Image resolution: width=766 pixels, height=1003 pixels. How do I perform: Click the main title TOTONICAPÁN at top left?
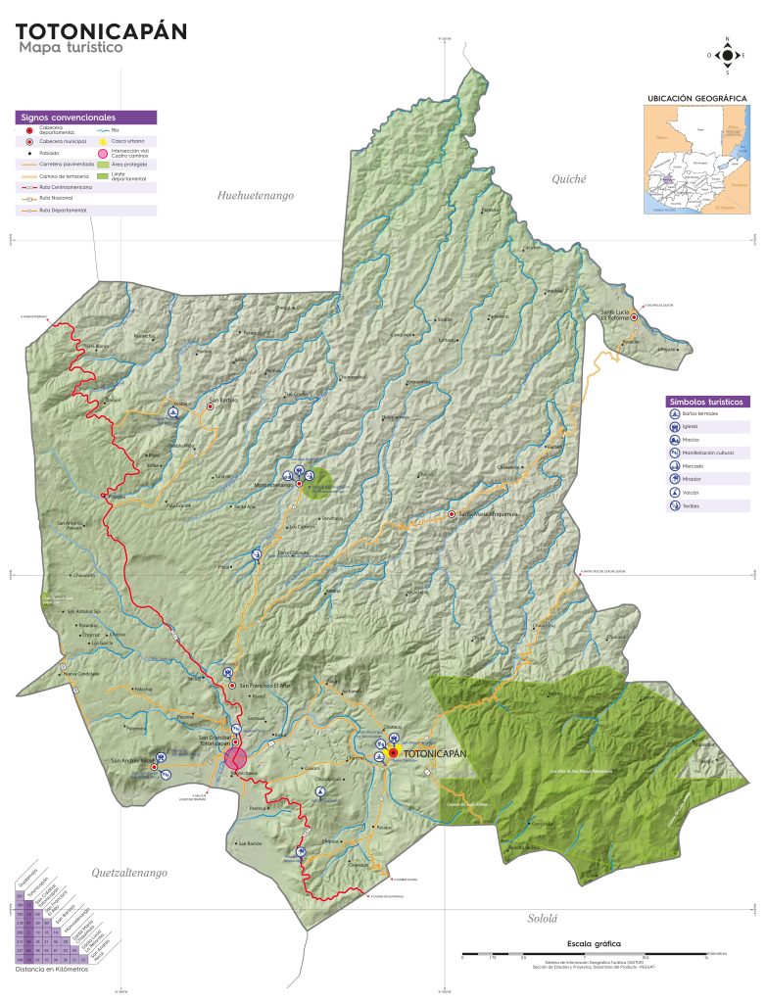tap(101, 31)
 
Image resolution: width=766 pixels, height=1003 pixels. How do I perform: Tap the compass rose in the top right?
tap(727, 55)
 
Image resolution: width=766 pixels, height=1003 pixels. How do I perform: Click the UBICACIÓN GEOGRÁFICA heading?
tap(696, 99)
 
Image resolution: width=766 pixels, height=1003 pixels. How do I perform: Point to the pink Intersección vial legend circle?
tap(102, 153)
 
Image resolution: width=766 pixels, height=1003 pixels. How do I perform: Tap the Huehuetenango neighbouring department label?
tap(256, 196)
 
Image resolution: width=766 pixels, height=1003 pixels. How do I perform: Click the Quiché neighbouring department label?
tap(568, 179)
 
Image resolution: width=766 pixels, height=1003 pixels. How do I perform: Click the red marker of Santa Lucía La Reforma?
tap(634, 317)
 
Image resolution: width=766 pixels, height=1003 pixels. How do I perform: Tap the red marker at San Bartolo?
tap(209, 406)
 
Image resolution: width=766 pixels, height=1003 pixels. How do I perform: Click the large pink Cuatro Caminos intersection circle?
tap(235, 758)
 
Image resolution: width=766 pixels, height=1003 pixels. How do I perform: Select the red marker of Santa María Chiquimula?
tap(452, 514)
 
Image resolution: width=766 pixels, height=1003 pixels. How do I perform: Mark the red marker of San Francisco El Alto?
tap(232, 686)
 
